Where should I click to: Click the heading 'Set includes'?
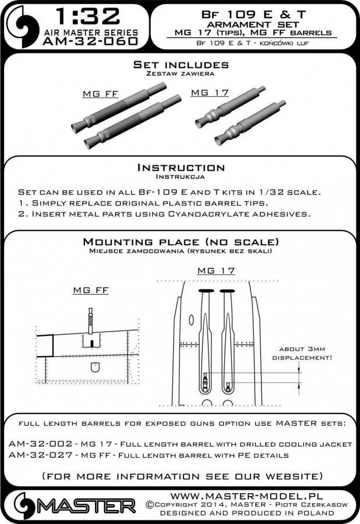[180, 65]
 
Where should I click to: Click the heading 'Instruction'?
[180, 168]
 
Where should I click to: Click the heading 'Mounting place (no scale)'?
[180, 242]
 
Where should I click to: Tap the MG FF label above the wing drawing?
[89, 291]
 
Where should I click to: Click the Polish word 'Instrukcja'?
[180, 176]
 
